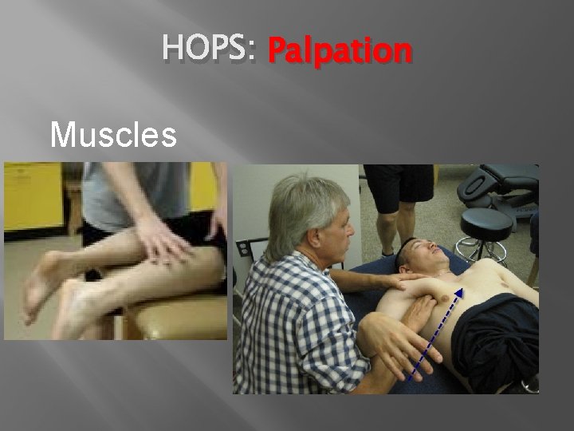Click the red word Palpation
click(x=340, y=51)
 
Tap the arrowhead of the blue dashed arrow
click(x=459, y=293)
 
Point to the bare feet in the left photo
click(x=48, y=295)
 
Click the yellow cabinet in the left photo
click(x=32, y=200)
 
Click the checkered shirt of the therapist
click(x=287, y=319)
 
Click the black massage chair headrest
click(x=498, y=180)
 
